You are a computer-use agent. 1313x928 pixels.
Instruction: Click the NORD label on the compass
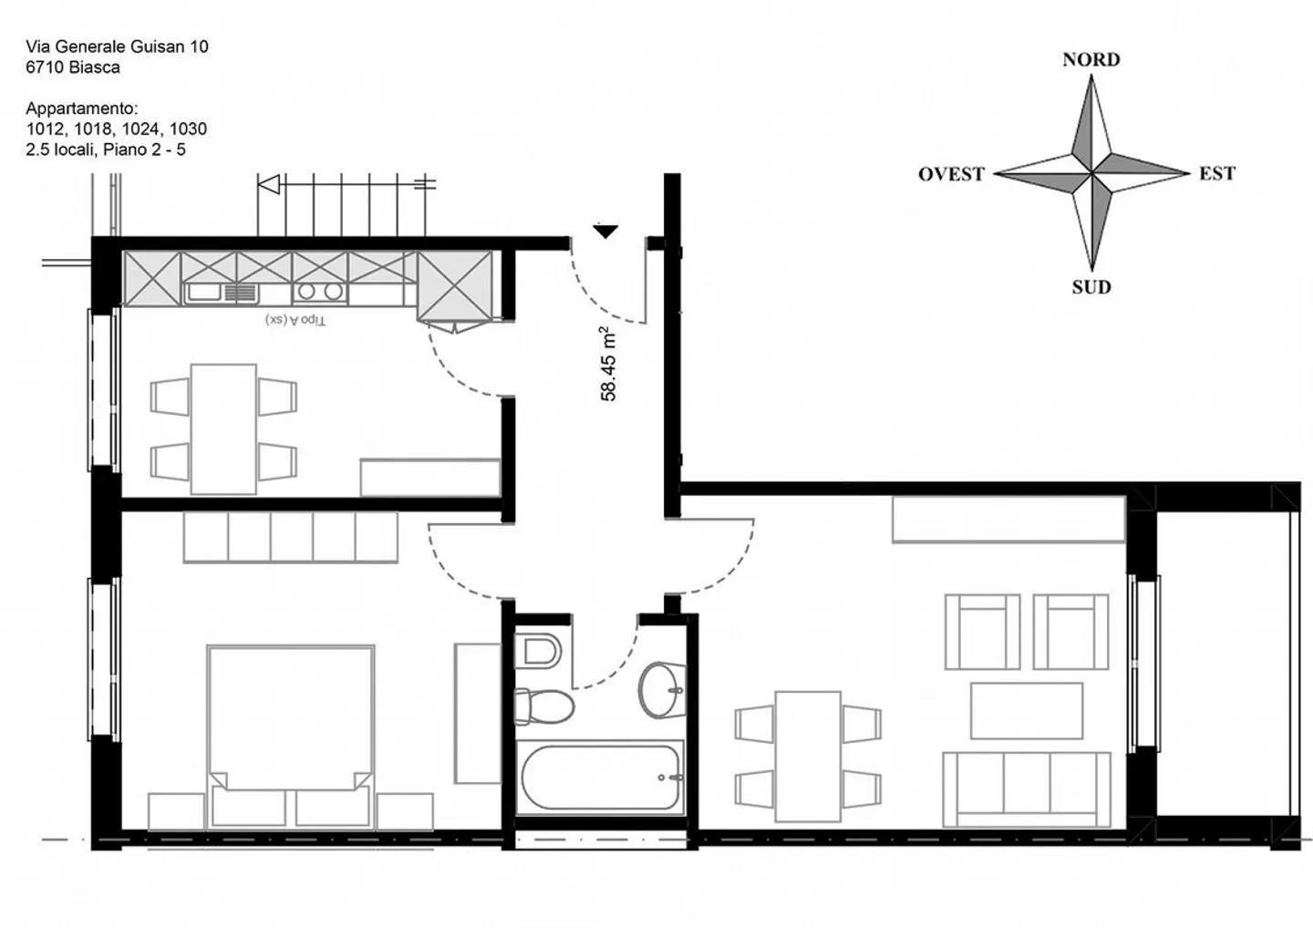coord(1091,60)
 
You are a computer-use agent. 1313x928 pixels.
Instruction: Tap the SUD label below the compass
coord(1091,287)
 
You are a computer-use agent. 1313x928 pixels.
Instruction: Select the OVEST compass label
coord(951,174)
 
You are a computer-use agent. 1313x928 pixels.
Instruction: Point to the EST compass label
coord(1216,174)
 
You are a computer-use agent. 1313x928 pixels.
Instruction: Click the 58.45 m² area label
coord(608,364)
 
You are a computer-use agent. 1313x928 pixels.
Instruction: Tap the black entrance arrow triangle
coord(605,232)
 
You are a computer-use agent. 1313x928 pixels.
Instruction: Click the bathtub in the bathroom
coord(601,778)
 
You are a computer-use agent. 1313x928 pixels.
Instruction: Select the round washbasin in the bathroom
coord(661,689)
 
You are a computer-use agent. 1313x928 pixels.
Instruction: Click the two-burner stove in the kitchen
coord(320,292)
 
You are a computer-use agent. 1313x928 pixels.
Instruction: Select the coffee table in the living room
coord(1026,710)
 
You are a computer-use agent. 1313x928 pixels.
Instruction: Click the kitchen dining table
coord(223,428)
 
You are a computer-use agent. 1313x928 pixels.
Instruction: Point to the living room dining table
coord(808,755)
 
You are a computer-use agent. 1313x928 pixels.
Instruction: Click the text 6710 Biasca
coord(73,67)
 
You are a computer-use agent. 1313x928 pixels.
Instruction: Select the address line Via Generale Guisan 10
coord(117,46)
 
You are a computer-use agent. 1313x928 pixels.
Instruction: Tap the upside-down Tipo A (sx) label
coord(295,320)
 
